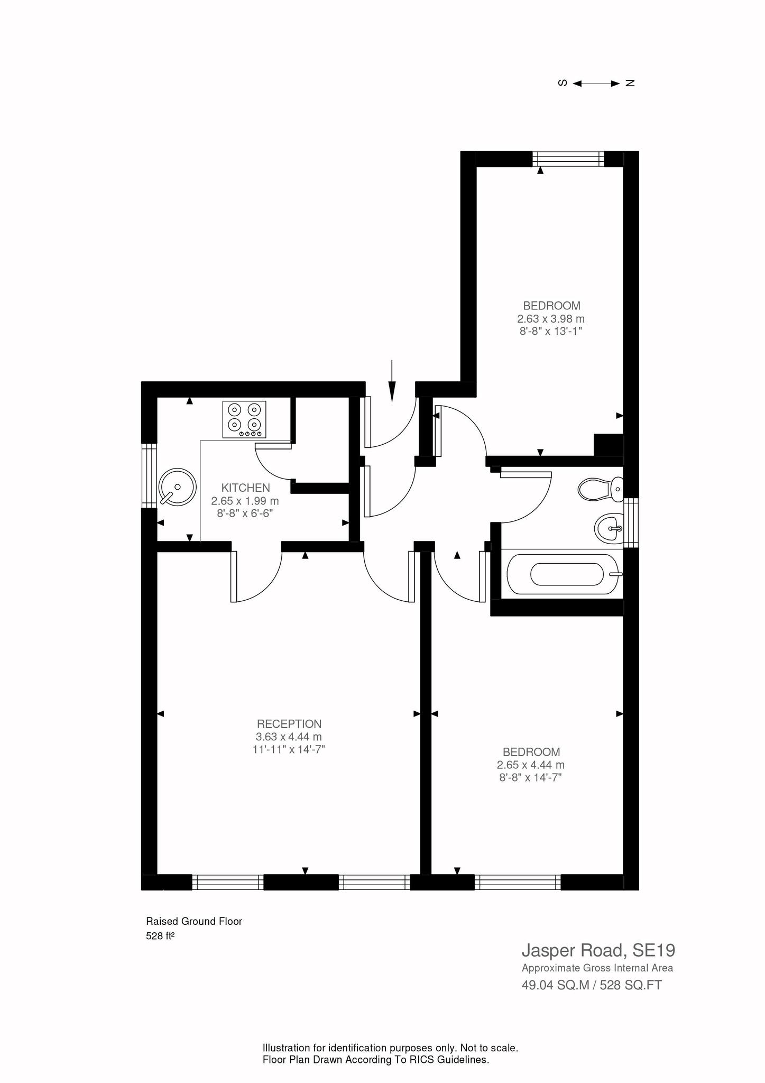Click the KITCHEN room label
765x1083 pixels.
tap(245, 488)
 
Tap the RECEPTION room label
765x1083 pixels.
tap(289, 724)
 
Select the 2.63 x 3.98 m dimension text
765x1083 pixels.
tap(551, 319)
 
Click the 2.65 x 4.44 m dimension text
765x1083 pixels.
tap(530, 765)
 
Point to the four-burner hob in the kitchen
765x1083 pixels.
tap(245, 419)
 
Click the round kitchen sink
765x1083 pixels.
tap(177, 487)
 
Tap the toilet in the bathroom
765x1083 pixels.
tap(601, 489)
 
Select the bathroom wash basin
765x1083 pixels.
tap(609, 527)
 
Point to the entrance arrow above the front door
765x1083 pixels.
tap(392, 381)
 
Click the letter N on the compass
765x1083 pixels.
tap(630, 83)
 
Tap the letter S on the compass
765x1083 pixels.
tap(563, 83)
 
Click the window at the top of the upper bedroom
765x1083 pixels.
tap(568, 159)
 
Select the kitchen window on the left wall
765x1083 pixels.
tap(150, 475)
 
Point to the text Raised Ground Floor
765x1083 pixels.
tap(193, 921)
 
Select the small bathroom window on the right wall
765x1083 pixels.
tap(631, 523)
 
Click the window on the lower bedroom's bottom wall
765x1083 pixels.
tap(517, 882)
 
